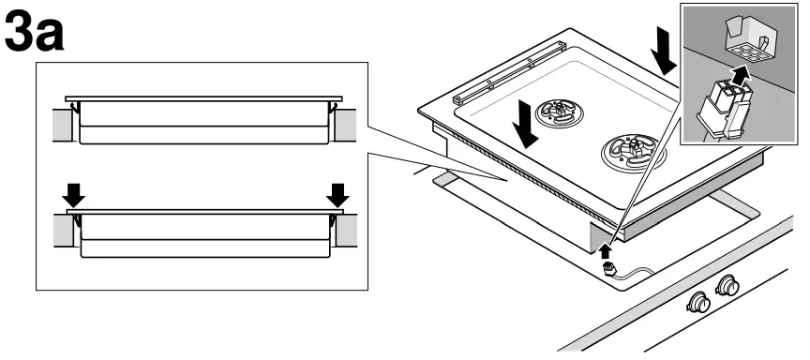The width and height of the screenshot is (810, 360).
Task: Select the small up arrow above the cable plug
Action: click(x=606, y=250)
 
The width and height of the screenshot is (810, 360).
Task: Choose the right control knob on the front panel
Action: click(x=727, y=284)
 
